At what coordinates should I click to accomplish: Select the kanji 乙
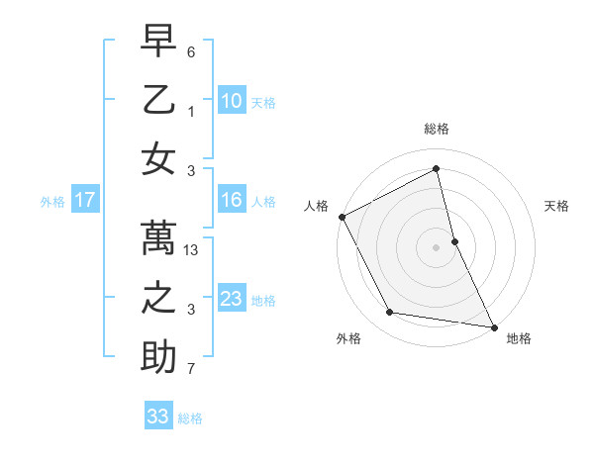pyautogui.click(x=158, y=101)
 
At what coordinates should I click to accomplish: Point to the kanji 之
pyautogui.click(x=158, y=298)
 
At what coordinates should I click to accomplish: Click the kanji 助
pyautogui.click(x=158, y=354)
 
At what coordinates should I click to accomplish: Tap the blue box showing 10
pyautogui.click(x=232, y=100)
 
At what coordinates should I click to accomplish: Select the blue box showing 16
pyautogui.click(x=232, y=201)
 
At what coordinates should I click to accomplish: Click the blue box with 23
pyautogui.click(x=232, y=299)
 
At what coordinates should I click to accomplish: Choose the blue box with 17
pyautogui.click(x=84, y=201)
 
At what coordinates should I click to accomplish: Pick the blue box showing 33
pyautogui.click(x=158, y=417)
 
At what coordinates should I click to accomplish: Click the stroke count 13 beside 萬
pyautogui.click(x=192, y=252)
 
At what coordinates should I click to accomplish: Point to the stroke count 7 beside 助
pyautogui.click(x=192, y=371)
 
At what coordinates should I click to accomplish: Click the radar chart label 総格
pyautogui.click(x=437, y=129)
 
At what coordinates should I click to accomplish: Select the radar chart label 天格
pyautogui.click(x=557, y=206)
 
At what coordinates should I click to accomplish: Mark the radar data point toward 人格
pyautogui.click(x=342, y=217)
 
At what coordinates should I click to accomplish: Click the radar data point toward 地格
pyautogui.click(x=492, y=325)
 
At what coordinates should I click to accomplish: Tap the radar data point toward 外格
pyautogui.click(x=390, y=313)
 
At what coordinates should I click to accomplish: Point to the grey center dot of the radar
pyautogui.click(x=437, y=247)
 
